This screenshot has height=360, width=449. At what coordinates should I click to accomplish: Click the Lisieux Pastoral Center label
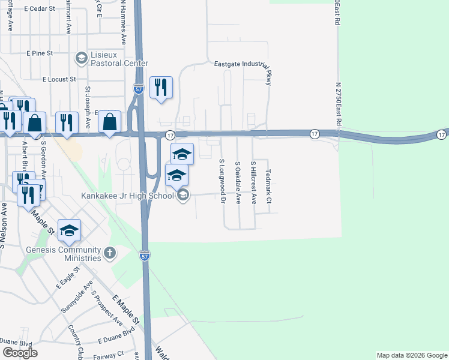coord(119,58)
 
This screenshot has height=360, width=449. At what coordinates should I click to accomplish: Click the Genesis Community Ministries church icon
coord(109,253)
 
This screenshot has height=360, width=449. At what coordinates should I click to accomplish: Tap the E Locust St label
coord(59,79)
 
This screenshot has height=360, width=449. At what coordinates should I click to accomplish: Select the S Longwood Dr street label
coord(221,182)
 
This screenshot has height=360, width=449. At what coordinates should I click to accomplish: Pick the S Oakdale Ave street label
coord(238,182)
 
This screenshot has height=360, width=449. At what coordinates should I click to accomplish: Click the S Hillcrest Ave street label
coord(253,182)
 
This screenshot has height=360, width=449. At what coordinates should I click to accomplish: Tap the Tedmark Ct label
coord(269,185)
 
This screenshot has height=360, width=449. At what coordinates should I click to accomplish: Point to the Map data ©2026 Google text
coord(412,355)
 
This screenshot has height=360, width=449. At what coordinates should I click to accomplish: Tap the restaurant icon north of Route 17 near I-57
coord(161,87)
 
